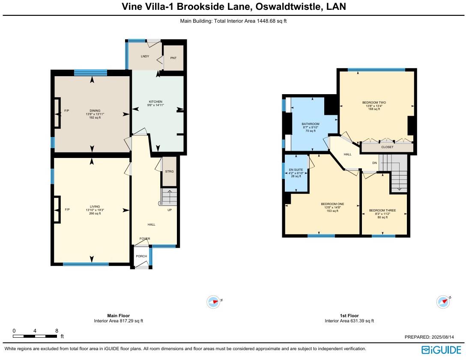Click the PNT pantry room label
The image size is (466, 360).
[x=173, y=58]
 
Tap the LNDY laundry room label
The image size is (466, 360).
[x=145, y=56]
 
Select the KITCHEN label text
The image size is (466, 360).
[x=155, y=101]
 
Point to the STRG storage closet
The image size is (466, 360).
[x=170, y=172]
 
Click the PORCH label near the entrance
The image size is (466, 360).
[x=141, y=256]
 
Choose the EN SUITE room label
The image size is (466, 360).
[x=296, y=170]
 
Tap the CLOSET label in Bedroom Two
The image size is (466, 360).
[x=387, y=147]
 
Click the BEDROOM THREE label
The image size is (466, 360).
[x=382, y=211]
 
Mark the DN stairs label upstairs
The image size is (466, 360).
[x=374, y=163]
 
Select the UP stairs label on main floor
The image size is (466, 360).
[x=170, y=210]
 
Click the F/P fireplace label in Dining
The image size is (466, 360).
[x=67, y=111]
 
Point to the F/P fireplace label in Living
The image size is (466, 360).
[x=67, y=210]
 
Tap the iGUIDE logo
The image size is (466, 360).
[x=441, y=350]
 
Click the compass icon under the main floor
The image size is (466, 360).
[x=213, y=302]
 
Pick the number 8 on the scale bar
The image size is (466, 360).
[x=57, y=331]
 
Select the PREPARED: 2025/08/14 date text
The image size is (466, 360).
[x=432, y=337]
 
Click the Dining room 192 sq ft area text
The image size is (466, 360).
[x=95, y=118]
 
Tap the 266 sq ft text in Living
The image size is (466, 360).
[x=95, y=214]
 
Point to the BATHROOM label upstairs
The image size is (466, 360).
[x=311, y=124]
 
